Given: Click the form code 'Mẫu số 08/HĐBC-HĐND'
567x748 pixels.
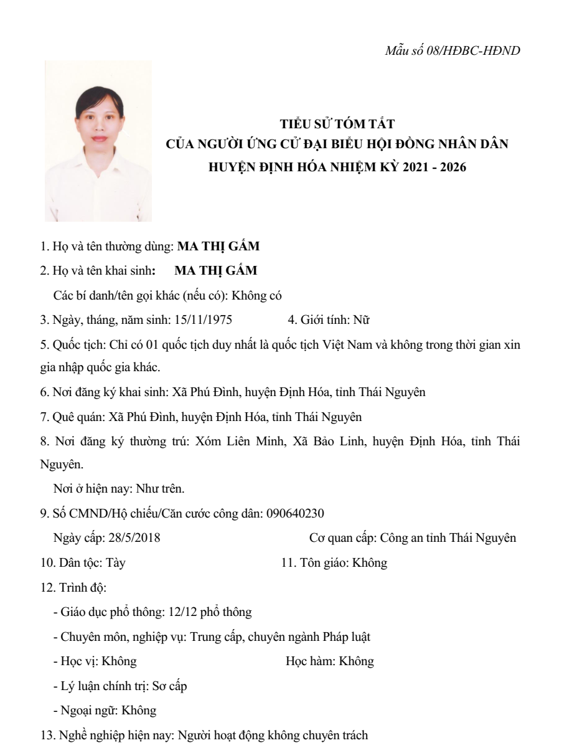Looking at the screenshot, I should tap(452, 49).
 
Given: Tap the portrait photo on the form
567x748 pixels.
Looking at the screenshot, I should tap(98, 141).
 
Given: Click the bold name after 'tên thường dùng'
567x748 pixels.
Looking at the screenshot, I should tap(219, 246).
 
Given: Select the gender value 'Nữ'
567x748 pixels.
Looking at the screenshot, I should tap(362, 320).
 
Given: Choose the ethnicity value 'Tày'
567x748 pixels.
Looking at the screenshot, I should tap(119, 563).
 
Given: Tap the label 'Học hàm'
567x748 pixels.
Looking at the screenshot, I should tap(308, 661).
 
